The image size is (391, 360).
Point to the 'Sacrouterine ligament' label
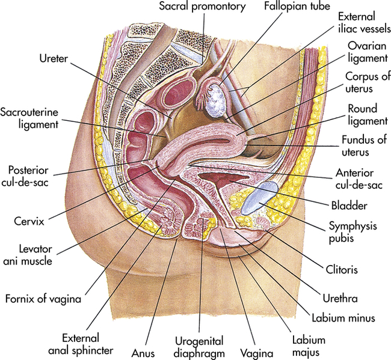click(29, 118)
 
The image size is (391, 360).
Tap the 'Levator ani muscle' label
click(29, 253)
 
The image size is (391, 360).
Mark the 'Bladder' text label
click(348, 205)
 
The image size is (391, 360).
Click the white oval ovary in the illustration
click(214, 100)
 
